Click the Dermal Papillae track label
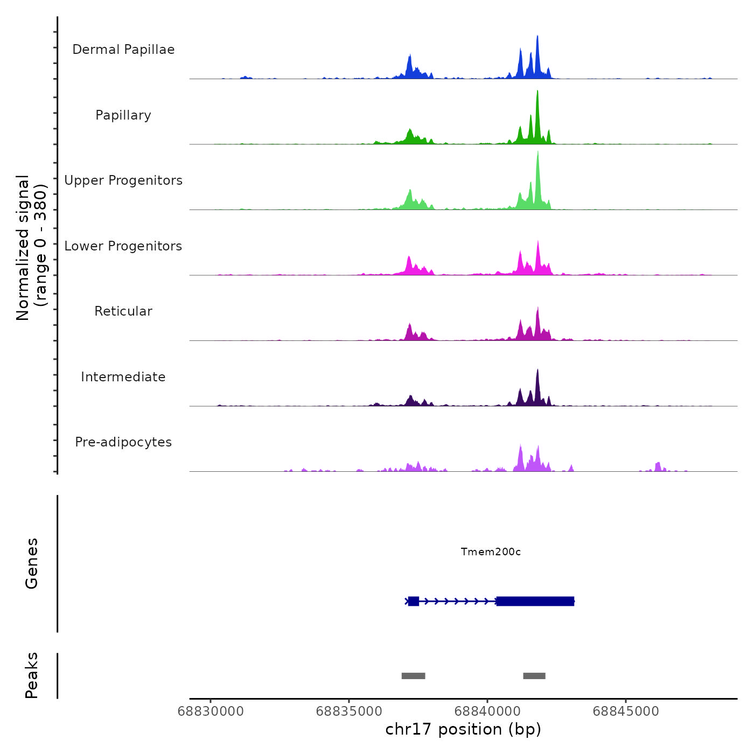[x=123, y=50]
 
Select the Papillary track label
[x=123, y=115]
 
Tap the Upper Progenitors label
[x=123, y=180]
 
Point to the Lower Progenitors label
[x=123, y=246]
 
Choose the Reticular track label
[x=123, y=311]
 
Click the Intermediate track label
[x=123, y=377]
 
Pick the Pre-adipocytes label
[x=123, y=442]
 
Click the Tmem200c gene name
[x=491, y=551]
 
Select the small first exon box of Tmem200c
[x=413, y=601]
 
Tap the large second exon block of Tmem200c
[x=535, y=601]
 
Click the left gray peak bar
[x=413, y=676]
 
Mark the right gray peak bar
[x=534, y=676]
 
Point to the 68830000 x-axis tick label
[x=211, y=711]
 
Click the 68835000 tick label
[x=349, y=711]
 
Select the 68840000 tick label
[x=487, y=711]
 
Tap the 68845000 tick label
[x=626, y=711]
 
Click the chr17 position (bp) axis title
[x=463, y=729]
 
